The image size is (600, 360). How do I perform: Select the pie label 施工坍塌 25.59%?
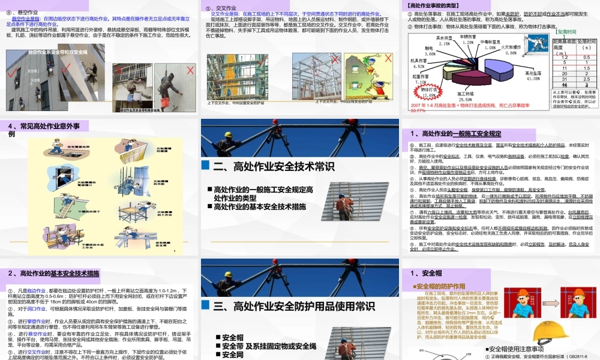(470, 95)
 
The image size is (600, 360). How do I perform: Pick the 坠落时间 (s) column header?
(586, 44)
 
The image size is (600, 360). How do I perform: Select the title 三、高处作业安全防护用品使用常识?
(286, 307)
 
